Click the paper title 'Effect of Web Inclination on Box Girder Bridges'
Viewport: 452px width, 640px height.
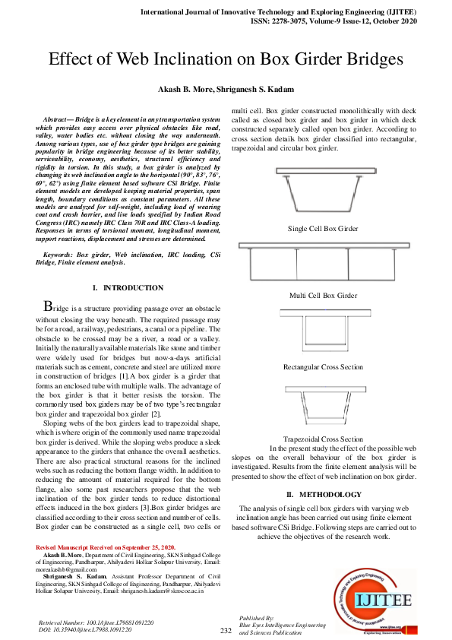pos(226,59)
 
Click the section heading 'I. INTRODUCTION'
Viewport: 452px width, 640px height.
pos(127,288)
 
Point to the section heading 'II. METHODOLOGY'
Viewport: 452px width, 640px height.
pos(323,495)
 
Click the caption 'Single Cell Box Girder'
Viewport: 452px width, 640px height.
pos(323,228)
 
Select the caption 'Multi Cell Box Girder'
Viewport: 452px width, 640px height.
pos(323,295)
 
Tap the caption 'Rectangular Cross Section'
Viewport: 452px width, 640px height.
pos(323,367)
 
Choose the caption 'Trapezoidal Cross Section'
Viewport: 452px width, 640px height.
pos(323,439)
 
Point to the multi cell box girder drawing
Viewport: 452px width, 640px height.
pos(323,263)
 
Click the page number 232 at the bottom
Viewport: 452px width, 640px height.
pos(226,631)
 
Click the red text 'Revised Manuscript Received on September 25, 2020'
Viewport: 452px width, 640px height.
pos(106,547)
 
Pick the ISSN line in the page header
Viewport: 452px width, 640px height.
pos(333,22)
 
